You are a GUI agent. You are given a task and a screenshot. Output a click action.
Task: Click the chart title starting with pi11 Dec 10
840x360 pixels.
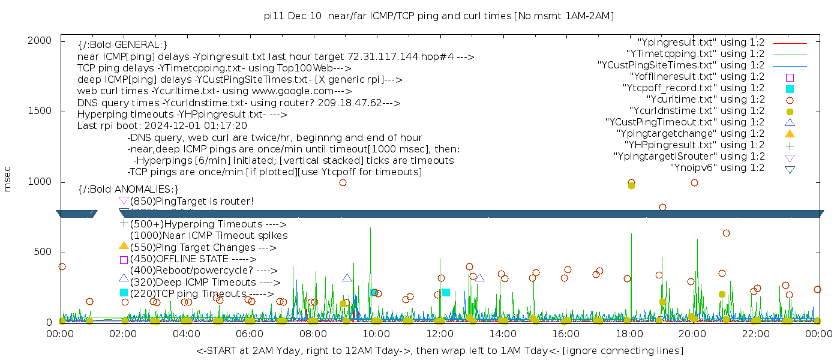pos(440,16)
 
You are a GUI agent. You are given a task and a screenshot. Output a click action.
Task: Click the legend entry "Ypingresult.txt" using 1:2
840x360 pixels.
pos(701,43)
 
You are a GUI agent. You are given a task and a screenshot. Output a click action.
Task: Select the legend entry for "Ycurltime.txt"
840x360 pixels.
pos(706,100)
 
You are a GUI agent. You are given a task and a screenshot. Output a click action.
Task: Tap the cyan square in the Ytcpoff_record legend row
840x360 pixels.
pos(790,89)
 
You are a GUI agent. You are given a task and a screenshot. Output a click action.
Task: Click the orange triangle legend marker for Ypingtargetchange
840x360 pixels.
pos(790,133)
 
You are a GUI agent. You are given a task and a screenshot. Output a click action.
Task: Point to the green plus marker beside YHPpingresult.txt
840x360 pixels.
pos(790,145)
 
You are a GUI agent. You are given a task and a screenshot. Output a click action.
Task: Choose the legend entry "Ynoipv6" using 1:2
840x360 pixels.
pos(717,168)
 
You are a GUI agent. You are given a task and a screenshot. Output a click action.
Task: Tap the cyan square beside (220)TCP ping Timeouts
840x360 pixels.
pos(124,293)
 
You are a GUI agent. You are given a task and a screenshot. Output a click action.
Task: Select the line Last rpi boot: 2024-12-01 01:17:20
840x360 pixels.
pos(162,126)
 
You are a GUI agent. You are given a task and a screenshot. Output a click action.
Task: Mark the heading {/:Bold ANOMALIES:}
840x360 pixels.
pos(128,190)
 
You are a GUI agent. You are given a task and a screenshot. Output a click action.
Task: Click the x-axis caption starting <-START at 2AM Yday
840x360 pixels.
pos(439,350)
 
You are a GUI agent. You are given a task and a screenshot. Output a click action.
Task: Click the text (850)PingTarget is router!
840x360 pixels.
pos(191,201)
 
